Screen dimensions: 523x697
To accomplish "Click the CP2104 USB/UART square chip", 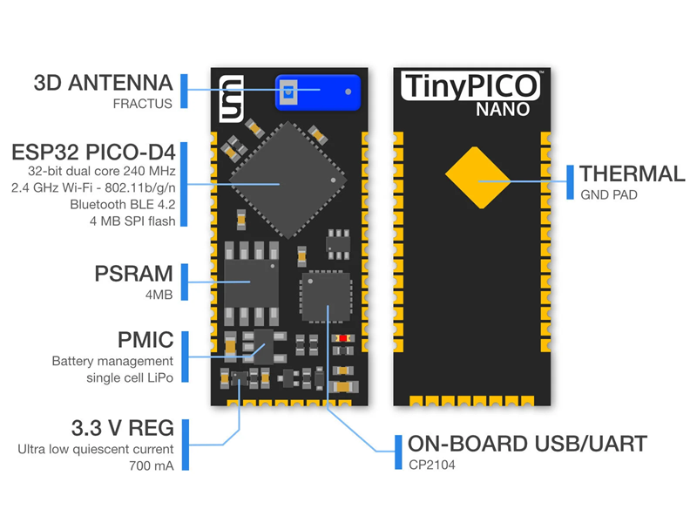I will (324, 295).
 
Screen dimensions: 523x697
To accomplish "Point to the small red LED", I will (344, 337).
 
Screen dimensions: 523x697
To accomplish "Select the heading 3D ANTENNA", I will (103, 85).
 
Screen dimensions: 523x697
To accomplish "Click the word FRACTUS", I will (144, 105).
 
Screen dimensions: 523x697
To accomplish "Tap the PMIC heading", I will (145, 339).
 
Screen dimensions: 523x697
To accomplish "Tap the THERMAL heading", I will (633, 173).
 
